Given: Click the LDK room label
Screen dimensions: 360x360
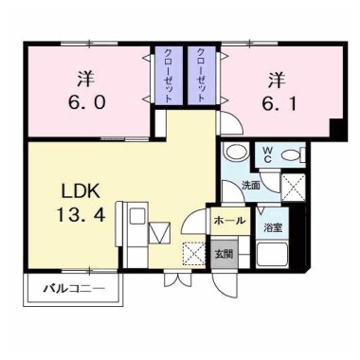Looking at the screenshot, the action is pos(81,191).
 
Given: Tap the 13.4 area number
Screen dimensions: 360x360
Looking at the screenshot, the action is pos(81,216).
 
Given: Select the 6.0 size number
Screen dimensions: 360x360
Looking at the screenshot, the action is pos(86,103).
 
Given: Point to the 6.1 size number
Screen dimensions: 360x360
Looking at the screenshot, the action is pos(279,103).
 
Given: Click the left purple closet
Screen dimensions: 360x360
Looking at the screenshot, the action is pos(169,76).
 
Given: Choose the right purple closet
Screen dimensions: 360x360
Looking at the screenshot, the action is pos(202,76).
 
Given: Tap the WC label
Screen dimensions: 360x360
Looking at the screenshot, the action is pos(267,154).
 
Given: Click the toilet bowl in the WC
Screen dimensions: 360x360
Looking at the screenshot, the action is pos(292,155).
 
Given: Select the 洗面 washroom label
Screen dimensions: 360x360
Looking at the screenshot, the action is pos(251,186).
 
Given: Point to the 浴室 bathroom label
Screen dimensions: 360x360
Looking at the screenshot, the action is pos(273,228).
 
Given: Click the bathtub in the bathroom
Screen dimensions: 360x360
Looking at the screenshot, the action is pos(272,254).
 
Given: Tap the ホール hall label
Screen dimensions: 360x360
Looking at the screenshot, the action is pos(229,221).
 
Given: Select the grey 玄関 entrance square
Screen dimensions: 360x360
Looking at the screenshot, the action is pos(225,254).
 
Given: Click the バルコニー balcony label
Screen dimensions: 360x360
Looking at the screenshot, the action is pos(74,288).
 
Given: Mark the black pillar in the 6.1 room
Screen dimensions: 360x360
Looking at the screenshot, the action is pos(338,130).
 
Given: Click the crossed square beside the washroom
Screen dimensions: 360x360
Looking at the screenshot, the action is pos(294,187).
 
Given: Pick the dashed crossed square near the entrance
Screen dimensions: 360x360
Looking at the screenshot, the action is pos(194,253).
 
